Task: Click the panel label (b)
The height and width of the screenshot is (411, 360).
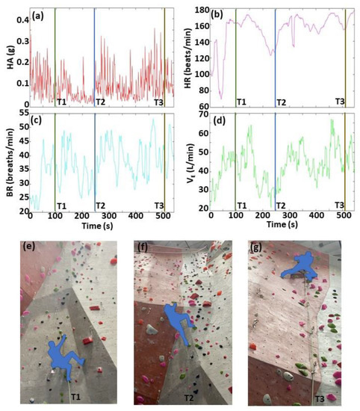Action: [218, 13]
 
